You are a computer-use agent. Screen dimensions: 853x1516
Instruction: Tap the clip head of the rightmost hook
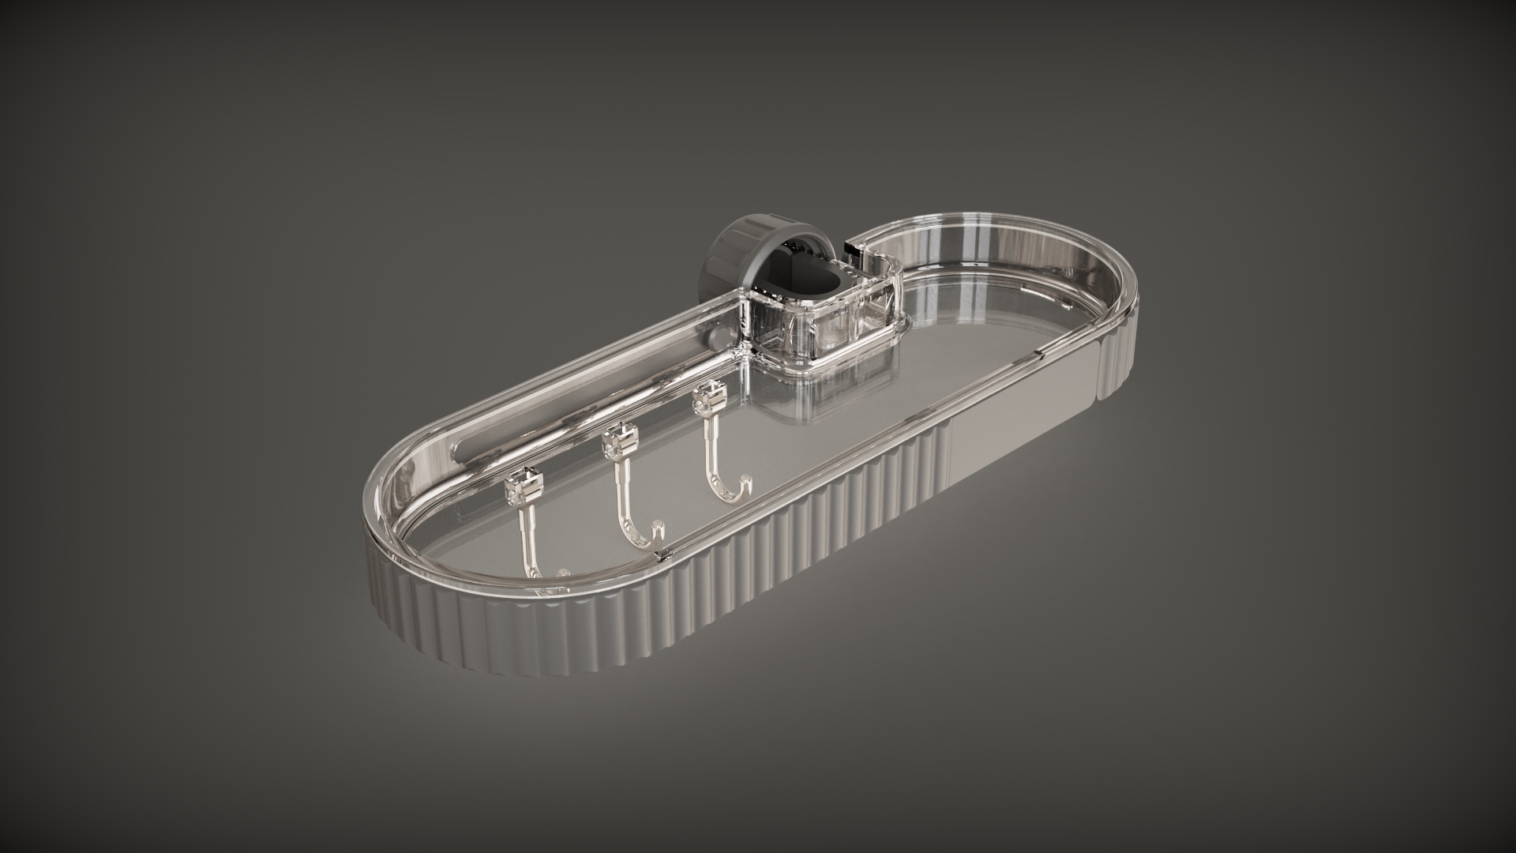click(707, 398)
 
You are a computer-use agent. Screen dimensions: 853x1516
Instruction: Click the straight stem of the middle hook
click(624, 494)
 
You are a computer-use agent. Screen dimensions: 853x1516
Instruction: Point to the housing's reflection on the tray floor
click(821, 403)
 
